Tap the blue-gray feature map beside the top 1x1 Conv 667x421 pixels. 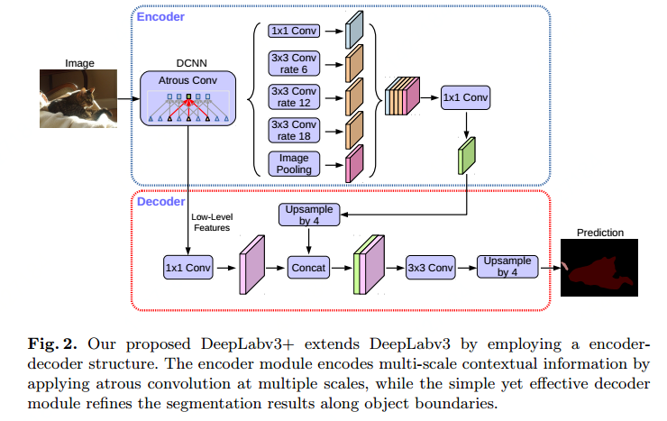pyautogui.click(x=355, y=32)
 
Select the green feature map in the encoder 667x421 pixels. pyautogui.click(x=465, y=154)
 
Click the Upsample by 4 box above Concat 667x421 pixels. pyautogui.click(x=309, y=215)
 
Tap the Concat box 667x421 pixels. pyautogui.click(x=309, y=267)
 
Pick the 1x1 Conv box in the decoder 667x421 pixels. pyautogui.click(x=187, y=267)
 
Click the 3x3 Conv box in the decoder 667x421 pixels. pyautogui.click(x=431, y=267)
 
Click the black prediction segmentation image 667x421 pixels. pyautogui.click(x=598, y=268)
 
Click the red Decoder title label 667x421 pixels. pyautogui.click(x=160, y=201)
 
